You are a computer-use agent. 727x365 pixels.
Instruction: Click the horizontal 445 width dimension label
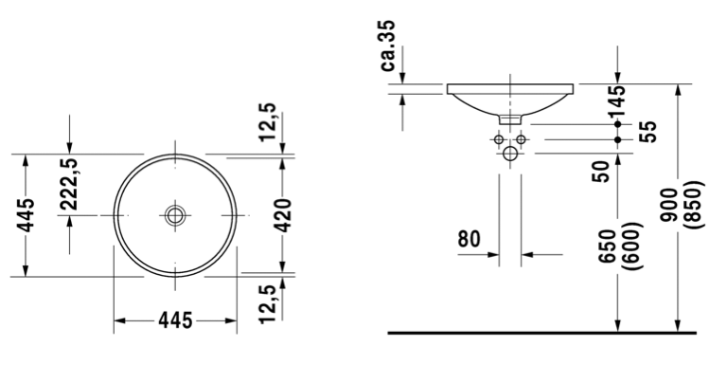pos(175,319)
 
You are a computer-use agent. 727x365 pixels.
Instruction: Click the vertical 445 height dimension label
pos(26,215)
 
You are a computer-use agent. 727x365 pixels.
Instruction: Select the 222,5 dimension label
pos(69,184)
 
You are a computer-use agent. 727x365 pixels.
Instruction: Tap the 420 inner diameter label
pos(283,215)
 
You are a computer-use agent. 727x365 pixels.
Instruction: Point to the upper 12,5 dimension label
pos(268,122)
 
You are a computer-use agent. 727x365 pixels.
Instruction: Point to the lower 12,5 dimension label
pos(268,303)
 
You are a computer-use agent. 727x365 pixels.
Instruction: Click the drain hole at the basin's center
pos(175,215)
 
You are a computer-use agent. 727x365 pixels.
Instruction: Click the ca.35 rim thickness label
pos(388,46)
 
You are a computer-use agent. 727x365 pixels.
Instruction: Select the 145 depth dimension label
pos(617,102)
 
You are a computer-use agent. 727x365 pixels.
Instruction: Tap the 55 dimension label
pos(647,132)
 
